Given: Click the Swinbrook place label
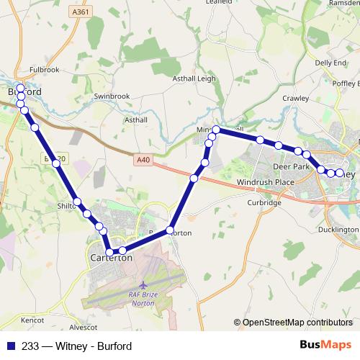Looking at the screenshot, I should click(110, 95).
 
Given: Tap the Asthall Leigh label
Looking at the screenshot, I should click(194, 79).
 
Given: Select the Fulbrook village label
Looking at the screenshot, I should click(45, 70).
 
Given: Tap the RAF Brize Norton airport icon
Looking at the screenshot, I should click(142, 287).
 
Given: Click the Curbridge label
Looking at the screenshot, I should click(264, 203).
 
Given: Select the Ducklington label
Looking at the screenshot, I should click(338, 230).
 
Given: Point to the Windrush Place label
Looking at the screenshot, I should click(266, 182).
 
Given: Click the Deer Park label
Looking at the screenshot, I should click(291, 167).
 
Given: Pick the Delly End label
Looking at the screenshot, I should click(330, 63).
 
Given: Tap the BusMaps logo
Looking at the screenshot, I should click(321, 346).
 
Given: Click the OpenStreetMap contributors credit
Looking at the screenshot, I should click(297, 323).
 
